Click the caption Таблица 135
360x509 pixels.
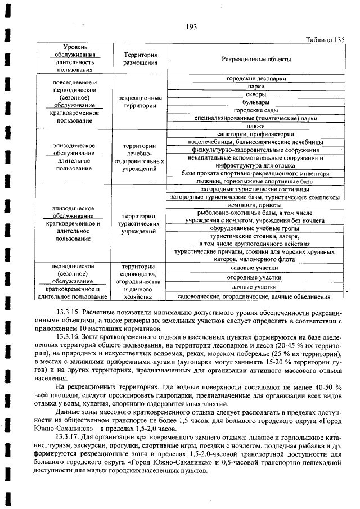(x=325, y=39)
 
